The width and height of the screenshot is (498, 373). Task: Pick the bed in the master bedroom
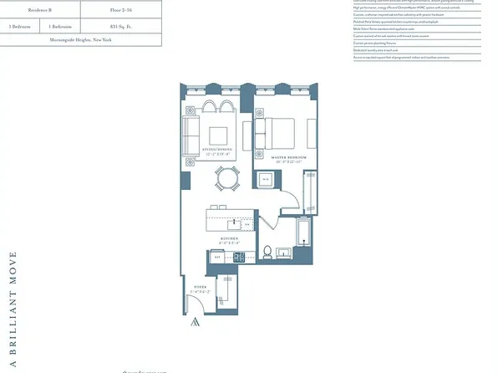click(277, 132)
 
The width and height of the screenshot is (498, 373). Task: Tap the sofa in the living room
click(191, 135)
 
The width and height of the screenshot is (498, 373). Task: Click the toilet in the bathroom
click(267, 253)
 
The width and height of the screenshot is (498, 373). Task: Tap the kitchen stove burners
click(237, 256)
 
